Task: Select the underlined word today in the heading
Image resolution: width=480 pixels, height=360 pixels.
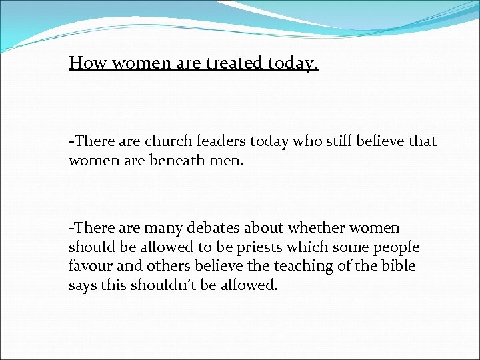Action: click(293, 64)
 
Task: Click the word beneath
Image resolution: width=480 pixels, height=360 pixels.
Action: click(175, 160)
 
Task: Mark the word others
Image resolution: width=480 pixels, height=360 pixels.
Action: click(175, 266)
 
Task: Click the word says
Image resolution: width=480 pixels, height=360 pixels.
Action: click(83, 285)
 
